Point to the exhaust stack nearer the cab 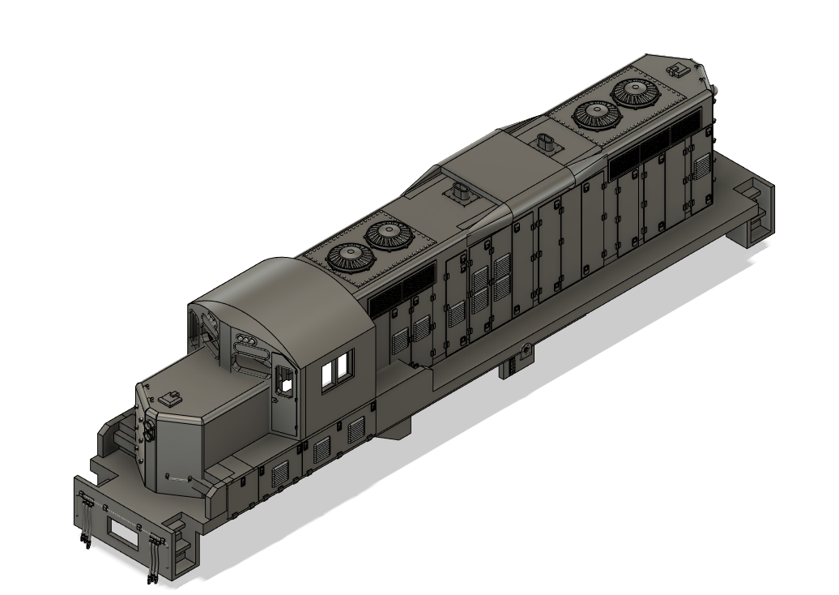(x=462, y=195)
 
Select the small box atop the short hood (x=170, y=398)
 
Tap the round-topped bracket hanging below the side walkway (x=524, y=351)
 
